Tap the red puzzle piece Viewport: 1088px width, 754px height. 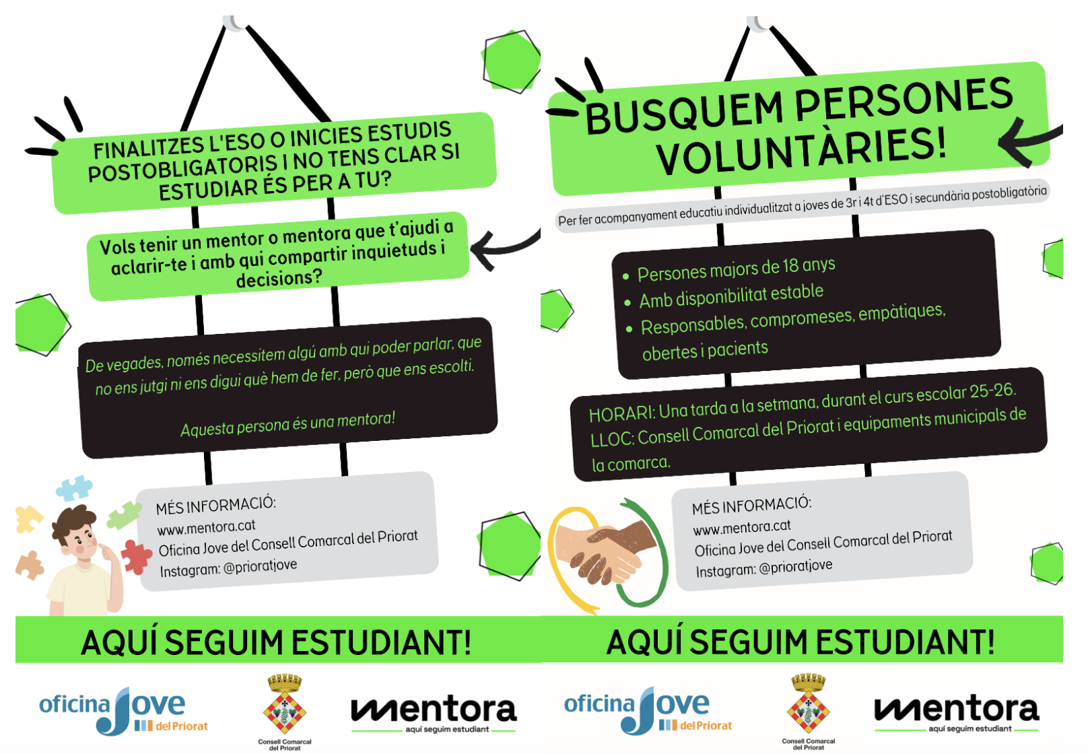click(x=137, y=556)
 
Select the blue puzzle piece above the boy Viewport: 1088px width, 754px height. click(x=74, y=487)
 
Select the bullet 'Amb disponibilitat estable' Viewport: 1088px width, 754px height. click(x=731, y=296)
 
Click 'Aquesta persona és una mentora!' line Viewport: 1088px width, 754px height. click(x=287, y=424)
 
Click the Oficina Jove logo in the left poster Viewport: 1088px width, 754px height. click(x=123, y=711)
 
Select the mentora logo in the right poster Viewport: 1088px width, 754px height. click(x=956, y=712)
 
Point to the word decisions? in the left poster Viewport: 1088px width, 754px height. click(x=279, y=277)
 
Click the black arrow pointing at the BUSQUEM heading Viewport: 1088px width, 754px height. click(x=1027, y=142)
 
